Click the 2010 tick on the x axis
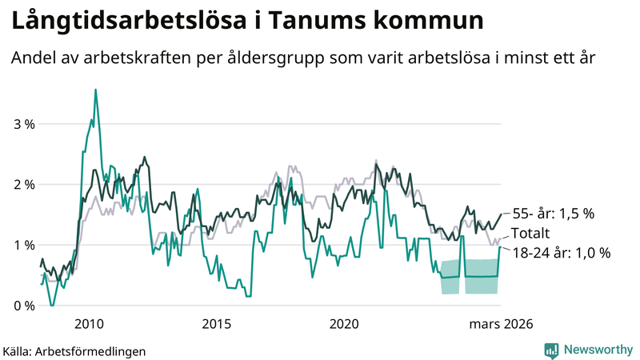pyautogui.click(x=88, y=323)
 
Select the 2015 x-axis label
pyautogui.click(x=216, y=323)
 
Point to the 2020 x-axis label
pyautogui.click(x=344, y=323)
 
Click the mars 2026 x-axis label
pyautogui.click(x=501, y=323)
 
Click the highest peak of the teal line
pyautogui.click(x=96, y=90)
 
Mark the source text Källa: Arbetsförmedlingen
pyautogui.click(x=74, y=350)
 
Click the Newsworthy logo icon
pyautogui.click(x=551, y=350)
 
